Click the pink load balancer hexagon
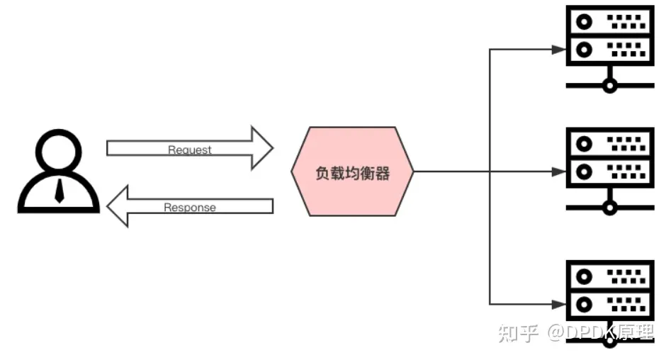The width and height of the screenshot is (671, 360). click(352, 171)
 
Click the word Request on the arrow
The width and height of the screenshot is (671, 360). click(190, 150)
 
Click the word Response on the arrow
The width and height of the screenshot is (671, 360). click(190, 208)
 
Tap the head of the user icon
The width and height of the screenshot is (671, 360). click(59, 151)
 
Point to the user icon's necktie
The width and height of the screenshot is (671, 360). click(60, 190)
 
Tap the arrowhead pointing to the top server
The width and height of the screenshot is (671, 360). click(558, 50)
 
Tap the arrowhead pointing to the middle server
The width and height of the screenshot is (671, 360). click(558, 171)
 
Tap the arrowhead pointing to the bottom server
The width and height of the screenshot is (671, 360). click(558, 303)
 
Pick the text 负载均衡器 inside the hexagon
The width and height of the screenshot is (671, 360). click(352, 172)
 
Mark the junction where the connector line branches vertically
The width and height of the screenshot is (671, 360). click(490, 171)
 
